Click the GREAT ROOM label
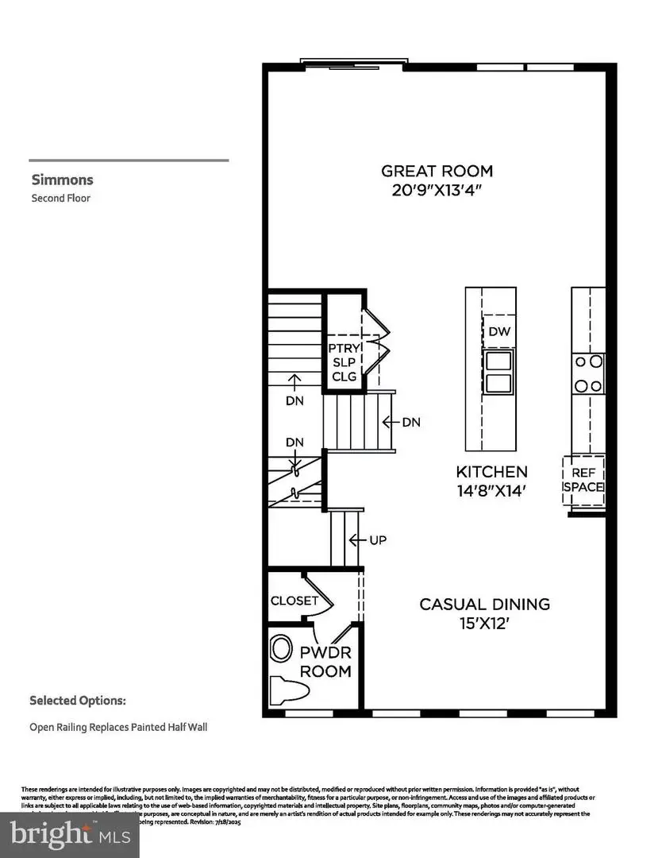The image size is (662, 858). click(437, 171)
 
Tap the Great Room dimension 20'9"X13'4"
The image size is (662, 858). click(437, 191)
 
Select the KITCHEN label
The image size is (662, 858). click(491, 471)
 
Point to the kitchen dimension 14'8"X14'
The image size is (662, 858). click(491, 492)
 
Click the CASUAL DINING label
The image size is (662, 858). click(484, 604)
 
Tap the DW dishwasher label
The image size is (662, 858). click(498, 331)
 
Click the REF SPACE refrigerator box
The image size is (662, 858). click(583, 480)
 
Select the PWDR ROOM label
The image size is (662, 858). click(325, 662)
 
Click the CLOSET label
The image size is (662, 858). click(294, 601)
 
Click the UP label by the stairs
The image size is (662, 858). click(378, 539)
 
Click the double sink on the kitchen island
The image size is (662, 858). click(498, 373)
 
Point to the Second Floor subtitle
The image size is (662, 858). click(60, 198)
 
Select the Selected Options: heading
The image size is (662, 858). click(77, 701)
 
